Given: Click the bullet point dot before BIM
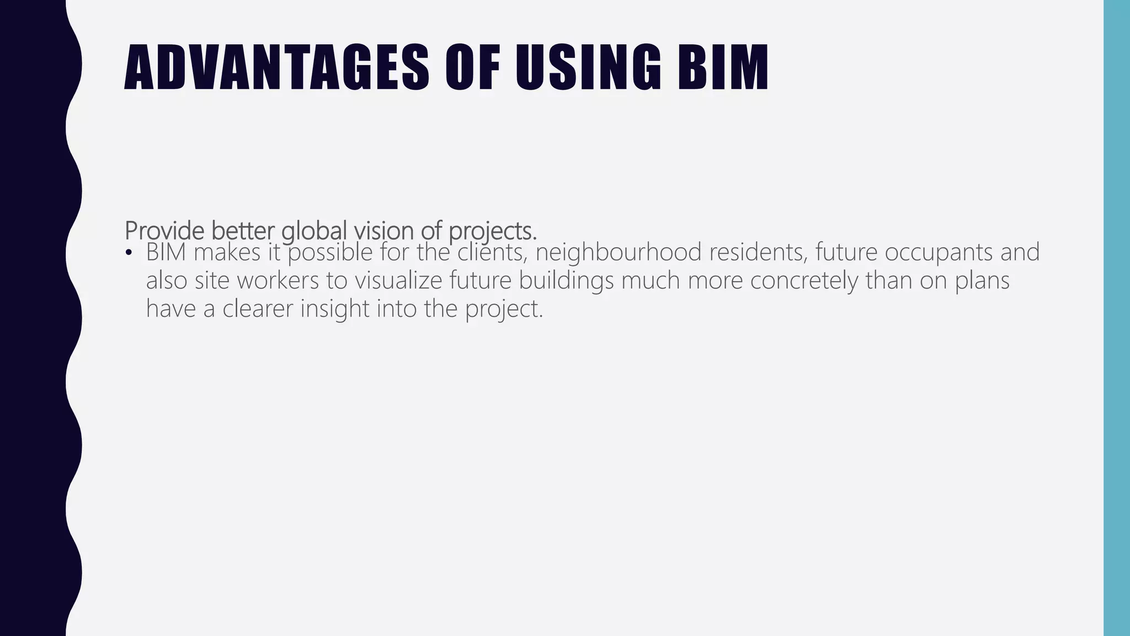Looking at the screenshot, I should [x=129, y=253].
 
